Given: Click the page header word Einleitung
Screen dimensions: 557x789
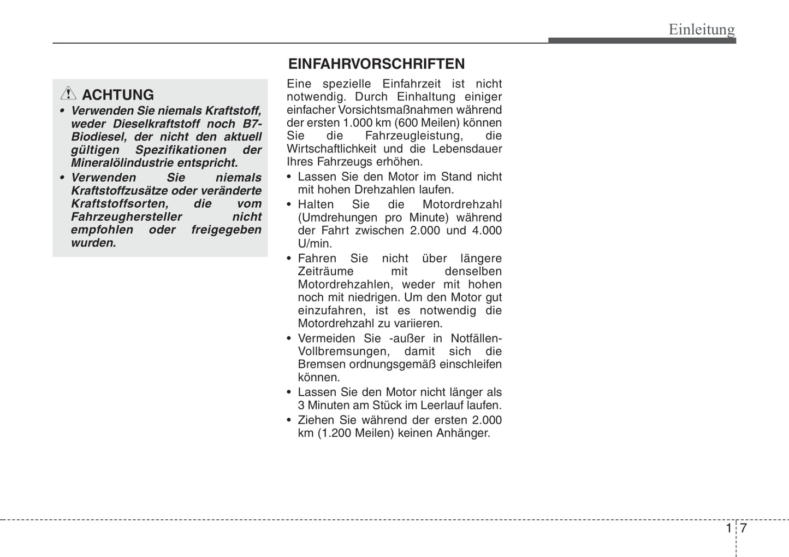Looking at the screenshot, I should pyautogui.click(x=702, y=29).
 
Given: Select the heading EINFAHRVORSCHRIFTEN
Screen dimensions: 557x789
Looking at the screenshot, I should pyautogui.click(x=376, y=64).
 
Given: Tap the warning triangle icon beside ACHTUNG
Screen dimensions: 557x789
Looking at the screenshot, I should pyautogui.click(x=68, y=94).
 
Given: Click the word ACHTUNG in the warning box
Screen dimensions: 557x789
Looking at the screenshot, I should pyautogui.click(x=118, y=95).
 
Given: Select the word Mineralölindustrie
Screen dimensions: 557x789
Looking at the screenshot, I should pyautogui.click(x=122, y=163).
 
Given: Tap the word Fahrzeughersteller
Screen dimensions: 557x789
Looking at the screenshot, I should pyautogui.click(x=126, y=217).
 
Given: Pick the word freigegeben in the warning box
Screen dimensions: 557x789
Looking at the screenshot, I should pyautogui.click(x=226, y=230).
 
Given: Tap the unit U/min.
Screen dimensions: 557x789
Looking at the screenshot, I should pyautogui.click(x=315, y=244).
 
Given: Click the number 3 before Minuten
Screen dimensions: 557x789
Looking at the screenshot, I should pyautogui.click(x=301, y=406).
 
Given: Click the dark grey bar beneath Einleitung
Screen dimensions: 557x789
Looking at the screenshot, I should pyautogui.click(x=642, y=41).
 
